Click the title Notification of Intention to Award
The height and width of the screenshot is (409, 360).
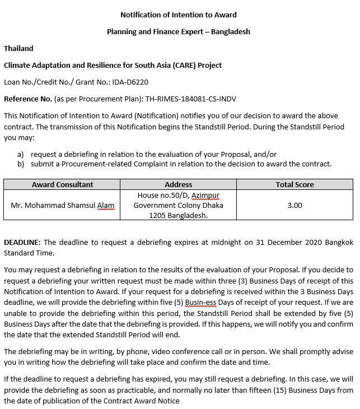[179, 15]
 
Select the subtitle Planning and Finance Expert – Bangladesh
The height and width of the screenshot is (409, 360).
[179, 31]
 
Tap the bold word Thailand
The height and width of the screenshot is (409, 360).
[18, 48]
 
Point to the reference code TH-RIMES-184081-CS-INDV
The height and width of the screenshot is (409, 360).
[190, 99]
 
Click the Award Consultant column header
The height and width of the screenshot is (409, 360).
[63, 184]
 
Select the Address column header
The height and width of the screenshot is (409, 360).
[179, 184]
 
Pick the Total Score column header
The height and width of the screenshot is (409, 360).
[294, 184]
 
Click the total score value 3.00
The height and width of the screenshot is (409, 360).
[294, 205]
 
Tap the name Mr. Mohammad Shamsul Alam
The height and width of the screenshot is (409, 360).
[63, 205]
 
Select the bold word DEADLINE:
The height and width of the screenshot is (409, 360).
[22, 242]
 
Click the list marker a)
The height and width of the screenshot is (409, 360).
[21, 154]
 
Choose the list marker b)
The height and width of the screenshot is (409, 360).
[21, 164]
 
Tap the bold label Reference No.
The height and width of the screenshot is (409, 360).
[28, 99]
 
